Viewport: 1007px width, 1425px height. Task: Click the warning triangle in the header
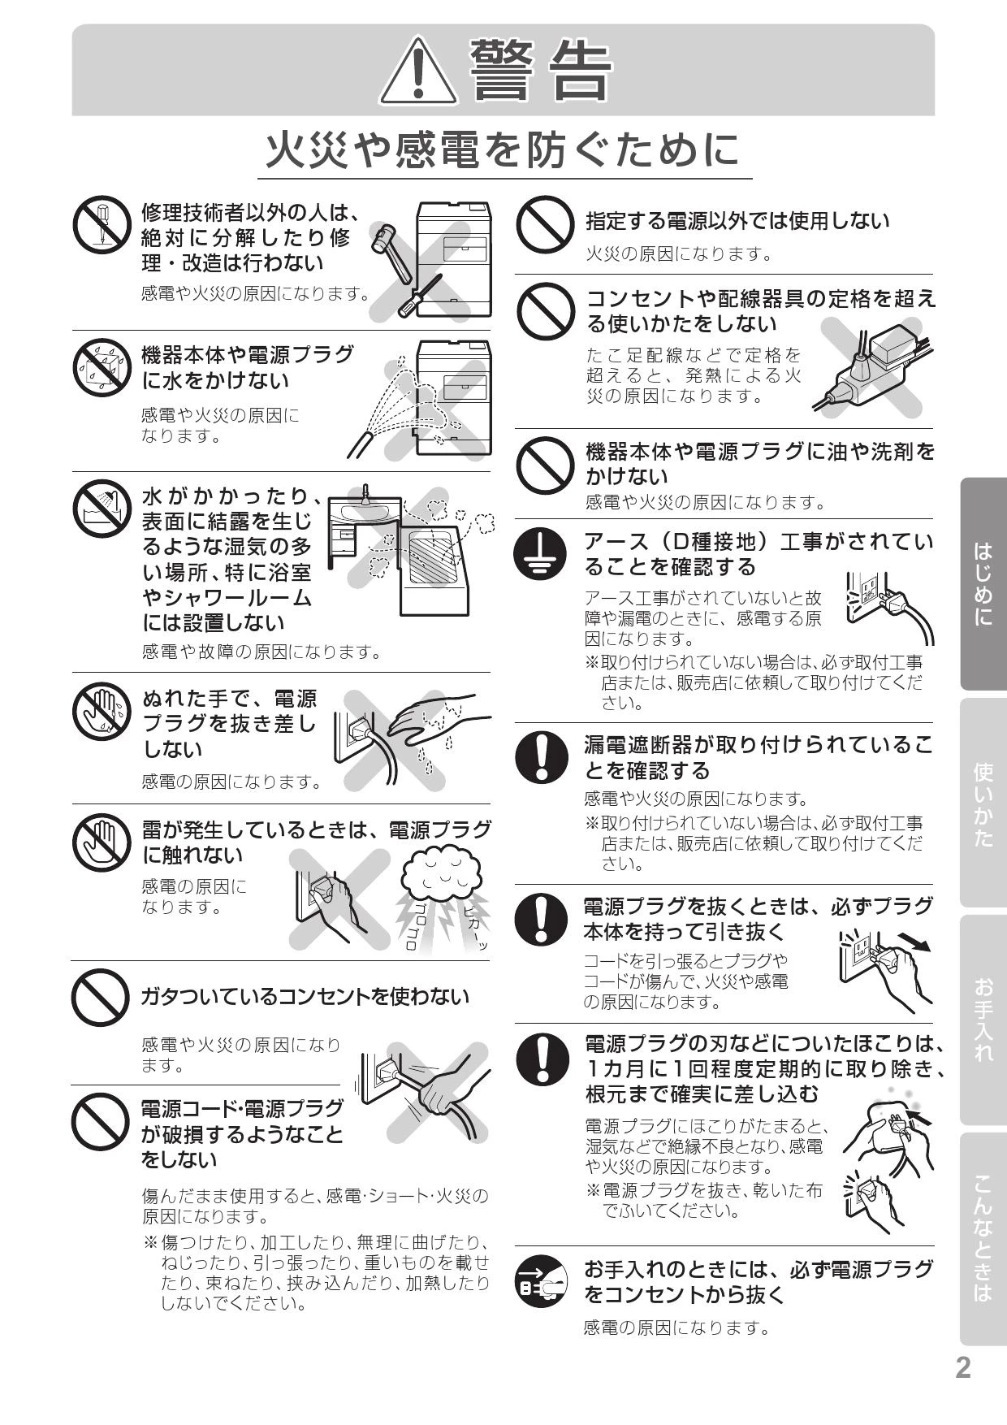[x=417, y=71]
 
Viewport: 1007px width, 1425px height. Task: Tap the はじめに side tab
[x=983, y=583]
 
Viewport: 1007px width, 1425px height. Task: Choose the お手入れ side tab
[x=983, y=1020]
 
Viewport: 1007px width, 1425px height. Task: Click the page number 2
[x=962, y=1368]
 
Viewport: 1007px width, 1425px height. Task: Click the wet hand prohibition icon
[x=101, y=711]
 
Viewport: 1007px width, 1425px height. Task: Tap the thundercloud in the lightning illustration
[x=442, y=871]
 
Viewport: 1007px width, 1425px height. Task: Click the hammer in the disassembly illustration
[x=387, y=240]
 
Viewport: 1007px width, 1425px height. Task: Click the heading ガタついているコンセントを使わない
[x=305, y=996]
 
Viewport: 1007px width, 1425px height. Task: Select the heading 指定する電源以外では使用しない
[x=737, y=221]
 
